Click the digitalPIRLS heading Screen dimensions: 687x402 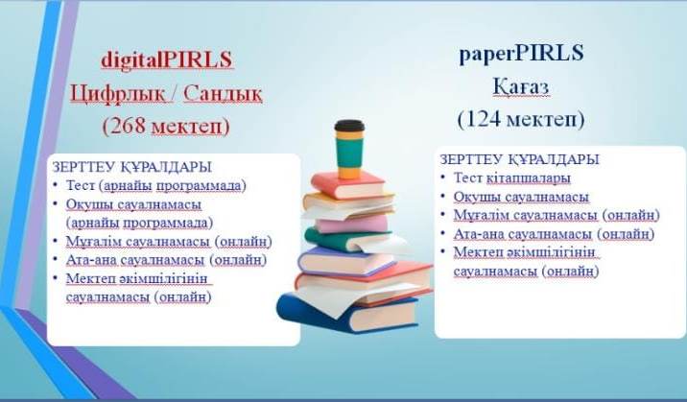click(167, 59)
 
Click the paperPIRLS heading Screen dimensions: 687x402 click(521, 54)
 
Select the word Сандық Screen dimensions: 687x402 click(223, 93)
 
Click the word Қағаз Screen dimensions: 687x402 click(521, 86)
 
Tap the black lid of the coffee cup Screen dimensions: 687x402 click(349, 126)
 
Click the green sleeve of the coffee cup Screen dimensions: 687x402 click(349, 154)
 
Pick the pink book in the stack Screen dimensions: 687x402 click(352, 224)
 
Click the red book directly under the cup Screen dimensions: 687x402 click(348, 184)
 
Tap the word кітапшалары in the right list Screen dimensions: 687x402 click(529, 178)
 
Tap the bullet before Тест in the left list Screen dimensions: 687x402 click(56, 185)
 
